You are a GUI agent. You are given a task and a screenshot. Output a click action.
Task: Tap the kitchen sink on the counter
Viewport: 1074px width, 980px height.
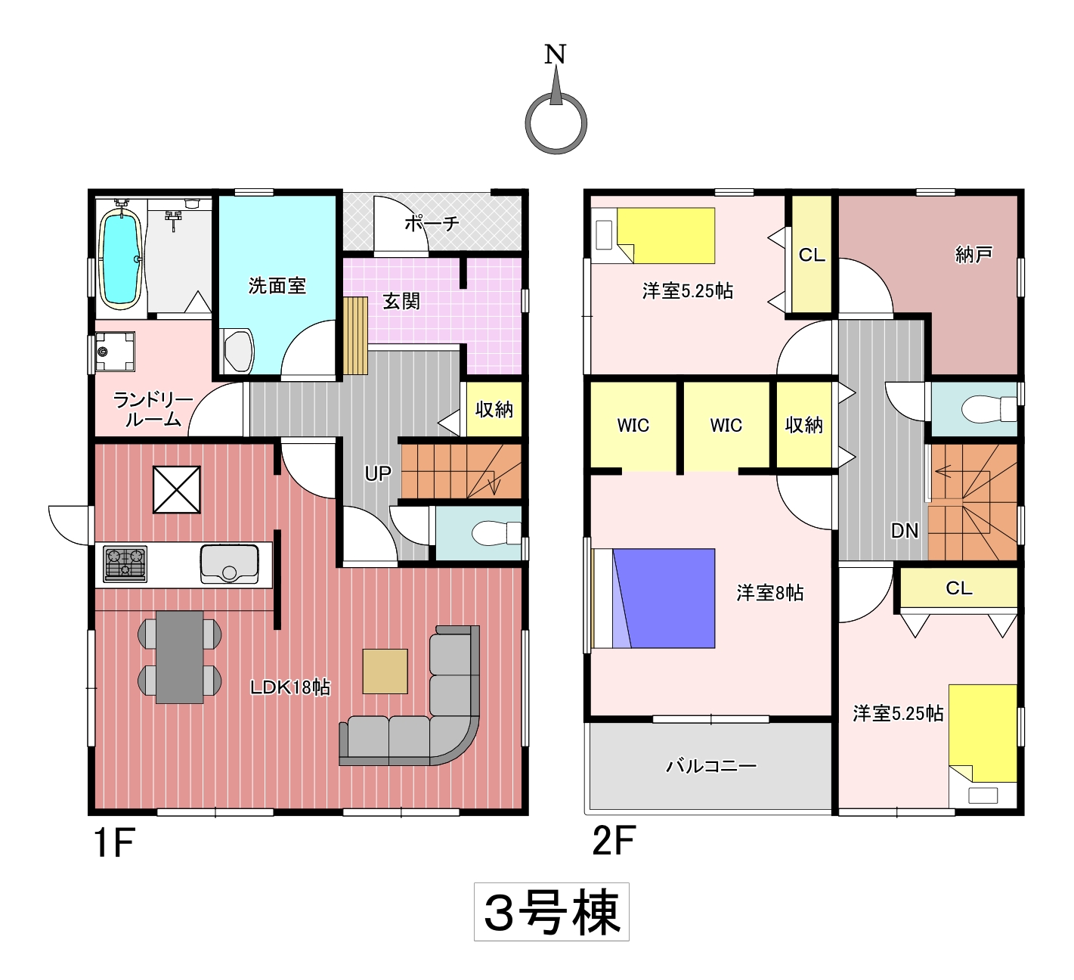[229, 563]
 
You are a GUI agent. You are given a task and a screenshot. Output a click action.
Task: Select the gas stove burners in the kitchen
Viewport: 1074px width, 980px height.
[125, 563]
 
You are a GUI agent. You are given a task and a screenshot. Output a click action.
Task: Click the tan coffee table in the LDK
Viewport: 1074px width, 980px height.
[385, 671]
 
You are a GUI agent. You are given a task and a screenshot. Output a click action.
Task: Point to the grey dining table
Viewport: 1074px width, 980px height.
[179, 657]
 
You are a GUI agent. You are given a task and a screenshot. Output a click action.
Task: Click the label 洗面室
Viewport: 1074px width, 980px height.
[277, 286]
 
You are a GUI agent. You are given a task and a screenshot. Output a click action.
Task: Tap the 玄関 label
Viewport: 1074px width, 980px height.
[401, 301]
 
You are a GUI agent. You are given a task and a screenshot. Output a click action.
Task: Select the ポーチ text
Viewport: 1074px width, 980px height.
[432, 223]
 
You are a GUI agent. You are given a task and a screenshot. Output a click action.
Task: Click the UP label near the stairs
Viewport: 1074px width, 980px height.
[378, 473]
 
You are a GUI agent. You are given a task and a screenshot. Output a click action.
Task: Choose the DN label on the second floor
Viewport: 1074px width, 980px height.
[904, 530]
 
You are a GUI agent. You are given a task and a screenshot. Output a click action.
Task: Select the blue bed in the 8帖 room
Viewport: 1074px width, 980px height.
[654, 598]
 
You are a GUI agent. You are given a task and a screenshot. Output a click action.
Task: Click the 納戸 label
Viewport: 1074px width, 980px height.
[974, 254]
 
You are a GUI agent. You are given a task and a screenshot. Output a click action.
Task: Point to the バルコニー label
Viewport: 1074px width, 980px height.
[711, 766]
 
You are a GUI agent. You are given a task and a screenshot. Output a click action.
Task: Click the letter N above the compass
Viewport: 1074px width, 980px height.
[556, 54]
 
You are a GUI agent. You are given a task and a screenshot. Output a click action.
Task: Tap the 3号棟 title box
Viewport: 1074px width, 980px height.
[552, 911]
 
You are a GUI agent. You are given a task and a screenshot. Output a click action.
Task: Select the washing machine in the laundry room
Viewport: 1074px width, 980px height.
[115, 352]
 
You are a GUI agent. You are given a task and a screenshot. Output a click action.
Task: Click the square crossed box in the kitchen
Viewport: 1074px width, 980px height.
[177, 490]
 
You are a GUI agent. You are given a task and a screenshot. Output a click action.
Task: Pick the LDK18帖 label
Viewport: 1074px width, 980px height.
[289, 687]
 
